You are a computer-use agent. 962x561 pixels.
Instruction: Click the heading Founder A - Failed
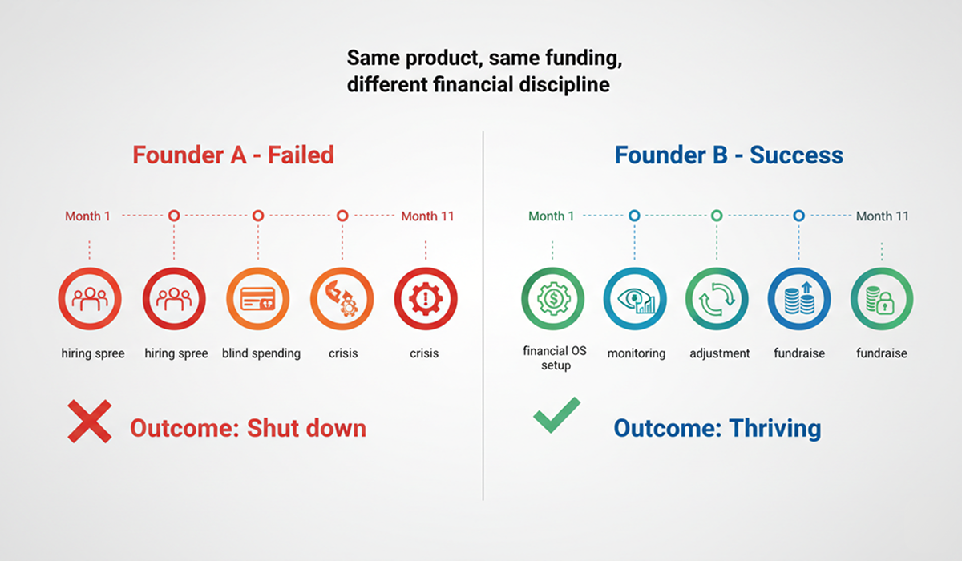coord(233,155)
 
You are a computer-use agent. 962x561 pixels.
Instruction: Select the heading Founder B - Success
coord(729,155)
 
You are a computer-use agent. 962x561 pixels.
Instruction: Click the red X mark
coord(89,422)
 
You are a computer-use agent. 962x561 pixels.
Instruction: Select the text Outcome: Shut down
coord(248,428)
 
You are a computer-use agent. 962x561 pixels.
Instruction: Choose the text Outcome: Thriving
coord(717,428)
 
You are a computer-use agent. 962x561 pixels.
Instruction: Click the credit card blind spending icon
coord(258,299)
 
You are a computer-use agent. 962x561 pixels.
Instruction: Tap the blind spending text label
coord(261,353)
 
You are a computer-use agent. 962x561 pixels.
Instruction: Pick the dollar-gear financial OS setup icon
coord(552,299)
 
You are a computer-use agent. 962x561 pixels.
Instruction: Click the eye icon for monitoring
coord(635,299)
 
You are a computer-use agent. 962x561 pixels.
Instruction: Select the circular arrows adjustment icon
coord(717,299)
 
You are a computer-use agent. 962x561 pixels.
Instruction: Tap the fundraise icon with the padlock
coord(881,299)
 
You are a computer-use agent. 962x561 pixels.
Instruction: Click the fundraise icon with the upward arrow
coord(798,299)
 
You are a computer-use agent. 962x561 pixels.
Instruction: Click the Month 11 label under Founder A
coord(427,216)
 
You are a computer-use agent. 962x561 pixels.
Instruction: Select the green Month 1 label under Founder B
coord(552,216)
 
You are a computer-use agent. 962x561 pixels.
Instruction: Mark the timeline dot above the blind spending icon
coord(258,216)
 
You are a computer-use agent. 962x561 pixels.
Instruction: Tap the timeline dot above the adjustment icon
coord(717,216)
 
